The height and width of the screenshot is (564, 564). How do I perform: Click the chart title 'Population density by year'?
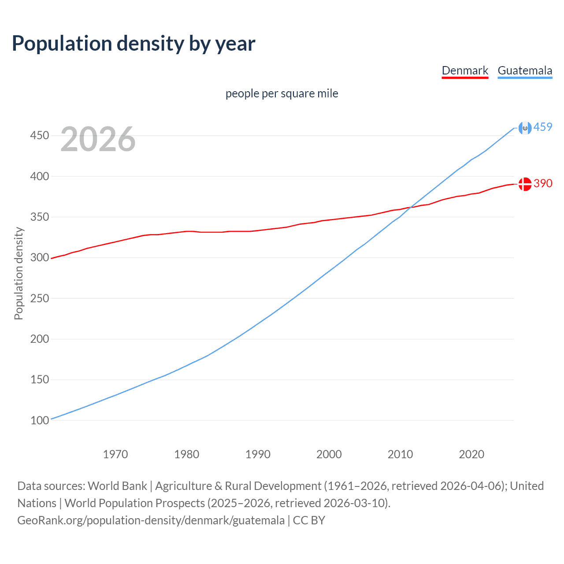pyautogui.click(x=134, y=44)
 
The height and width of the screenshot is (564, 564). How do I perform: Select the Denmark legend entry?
pyautogui.click(x=465, y=70)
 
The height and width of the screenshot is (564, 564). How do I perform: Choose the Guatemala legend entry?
pyautogui.click(x=525, y=70)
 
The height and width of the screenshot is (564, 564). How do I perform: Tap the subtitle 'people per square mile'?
pyautogui.click(x=282, y=93)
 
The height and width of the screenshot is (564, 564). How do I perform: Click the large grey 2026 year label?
pyautogui.click(x=98, y=139)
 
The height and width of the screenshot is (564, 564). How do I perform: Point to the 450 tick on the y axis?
pyautogui.click(x=39, y=135)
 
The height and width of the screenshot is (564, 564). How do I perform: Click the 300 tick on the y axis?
pyautogui.click(x=39, y=257)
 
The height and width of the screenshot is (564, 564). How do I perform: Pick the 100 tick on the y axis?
pyautogui.click(x=39, y=420)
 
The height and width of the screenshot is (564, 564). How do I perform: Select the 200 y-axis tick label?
pyautogui.click(x=39, y=339)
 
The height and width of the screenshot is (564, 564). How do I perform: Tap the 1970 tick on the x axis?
pyautogui.click(x=115, y=454)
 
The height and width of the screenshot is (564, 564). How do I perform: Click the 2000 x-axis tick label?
pyautogui.click(x=329, y=454)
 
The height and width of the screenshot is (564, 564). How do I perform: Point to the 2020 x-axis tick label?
pyautogui.click(x=471, y=454)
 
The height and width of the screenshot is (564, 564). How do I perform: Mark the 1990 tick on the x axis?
pyautogui.click(x=258, y=454)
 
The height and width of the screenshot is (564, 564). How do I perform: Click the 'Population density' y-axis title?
pyautogui.click(x=19, y=273)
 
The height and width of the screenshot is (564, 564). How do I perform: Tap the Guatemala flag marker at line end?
pyautogui.click(x=525, y=128)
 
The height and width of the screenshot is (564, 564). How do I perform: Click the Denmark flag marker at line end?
pyautogui.click(x=525, y=184)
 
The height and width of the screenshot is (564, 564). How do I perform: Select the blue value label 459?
pyautogui.click(x=543, y=127)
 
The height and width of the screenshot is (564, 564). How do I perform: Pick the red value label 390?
pyautogui.click(x=543, y=183)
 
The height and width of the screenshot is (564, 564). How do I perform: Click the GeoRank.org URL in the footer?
pyautogui.click(x=151, y=520)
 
